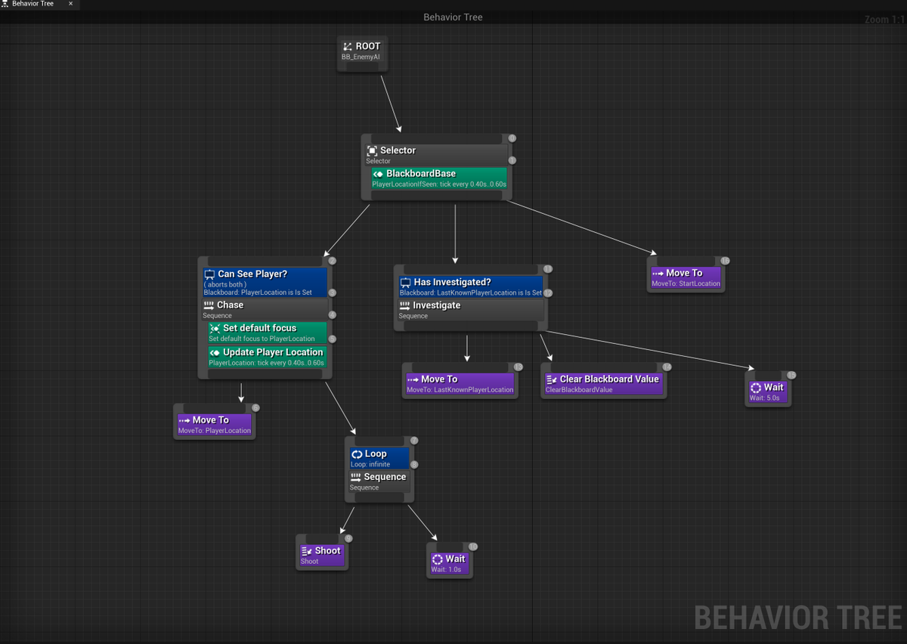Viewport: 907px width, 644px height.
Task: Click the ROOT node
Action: click(x=362, y=51)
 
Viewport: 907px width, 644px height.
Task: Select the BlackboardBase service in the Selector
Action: click(x=438, y=178)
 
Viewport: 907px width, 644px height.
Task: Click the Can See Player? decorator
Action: click(x=265, y=282)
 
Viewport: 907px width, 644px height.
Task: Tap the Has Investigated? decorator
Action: click(x=469, y=286)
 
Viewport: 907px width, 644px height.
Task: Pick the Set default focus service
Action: click(x=267, y=333)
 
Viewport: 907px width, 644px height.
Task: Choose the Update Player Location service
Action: click(x=267, y=357)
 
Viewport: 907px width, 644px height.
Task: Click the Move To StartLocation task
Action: click(x=686, y=277)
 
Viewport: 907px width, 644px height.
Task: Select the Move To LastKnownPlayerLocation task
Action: click(x=460, y=384)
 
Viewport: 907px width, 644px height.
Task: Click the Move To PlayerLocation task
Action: click(x=214, y=425)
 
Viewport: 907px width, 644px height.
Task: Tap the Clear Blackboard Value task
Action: click(x=602, y=384)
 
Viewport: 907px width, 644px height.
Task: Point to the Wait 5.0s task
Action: click(x=767, y=392)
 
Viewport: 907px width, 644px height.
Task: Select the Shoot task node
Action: click(x=322, y=555)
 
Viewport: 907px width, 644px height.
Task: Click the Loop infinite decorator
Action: click(x=379, y=458)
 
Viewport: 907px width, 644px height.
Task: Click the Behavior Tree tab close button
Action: click(x=70, y=4)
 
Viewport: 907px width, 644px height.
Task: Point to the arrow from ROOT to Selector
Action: click(x=391, y=104)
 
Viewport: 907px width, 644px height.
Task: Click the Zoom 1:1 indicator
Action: click(x=884, y=20)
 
